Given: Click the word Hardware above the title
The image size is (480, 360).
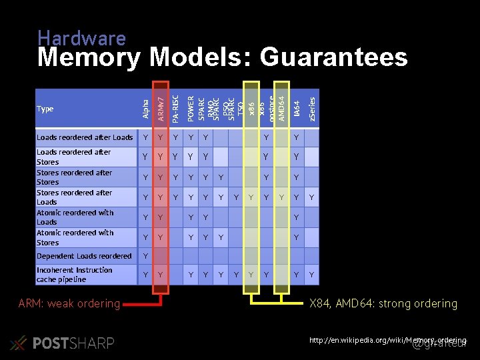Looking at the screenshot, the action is [x=81, y=39].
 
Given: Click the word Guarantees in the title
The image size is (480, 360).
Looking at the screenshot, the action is [x=333, y=58].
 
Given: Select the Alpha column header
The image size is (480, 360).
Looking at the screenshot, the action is [x=145, y=109].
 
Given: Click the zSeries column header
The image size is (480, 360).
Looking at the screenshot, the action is [x=312, y=107].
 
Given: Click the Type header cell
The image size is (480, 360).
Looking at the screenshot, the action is [x=45, y=109].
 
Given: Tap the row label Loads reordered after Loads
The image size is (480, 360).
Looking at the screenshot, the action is [x=85, y=137].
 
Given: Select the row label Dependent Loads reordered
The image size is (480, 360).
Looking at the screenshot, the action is [x=84, y=256].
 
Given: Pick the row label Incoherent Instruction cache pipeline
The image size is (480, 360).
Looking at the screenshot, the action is [x=74, y=275].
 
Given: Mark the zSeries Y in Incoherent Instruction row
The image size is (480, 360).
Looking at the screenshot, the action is [x=311, y=275].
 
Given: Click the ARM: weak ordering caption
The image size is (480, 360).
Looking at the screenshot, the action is [x=69, y=304].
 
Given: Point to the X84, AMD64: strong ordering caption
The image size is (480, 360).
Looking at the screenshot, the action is [x=383, y=304].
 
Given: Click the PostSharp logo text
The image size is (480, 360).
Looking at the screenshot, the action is [x=73, y=343].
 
